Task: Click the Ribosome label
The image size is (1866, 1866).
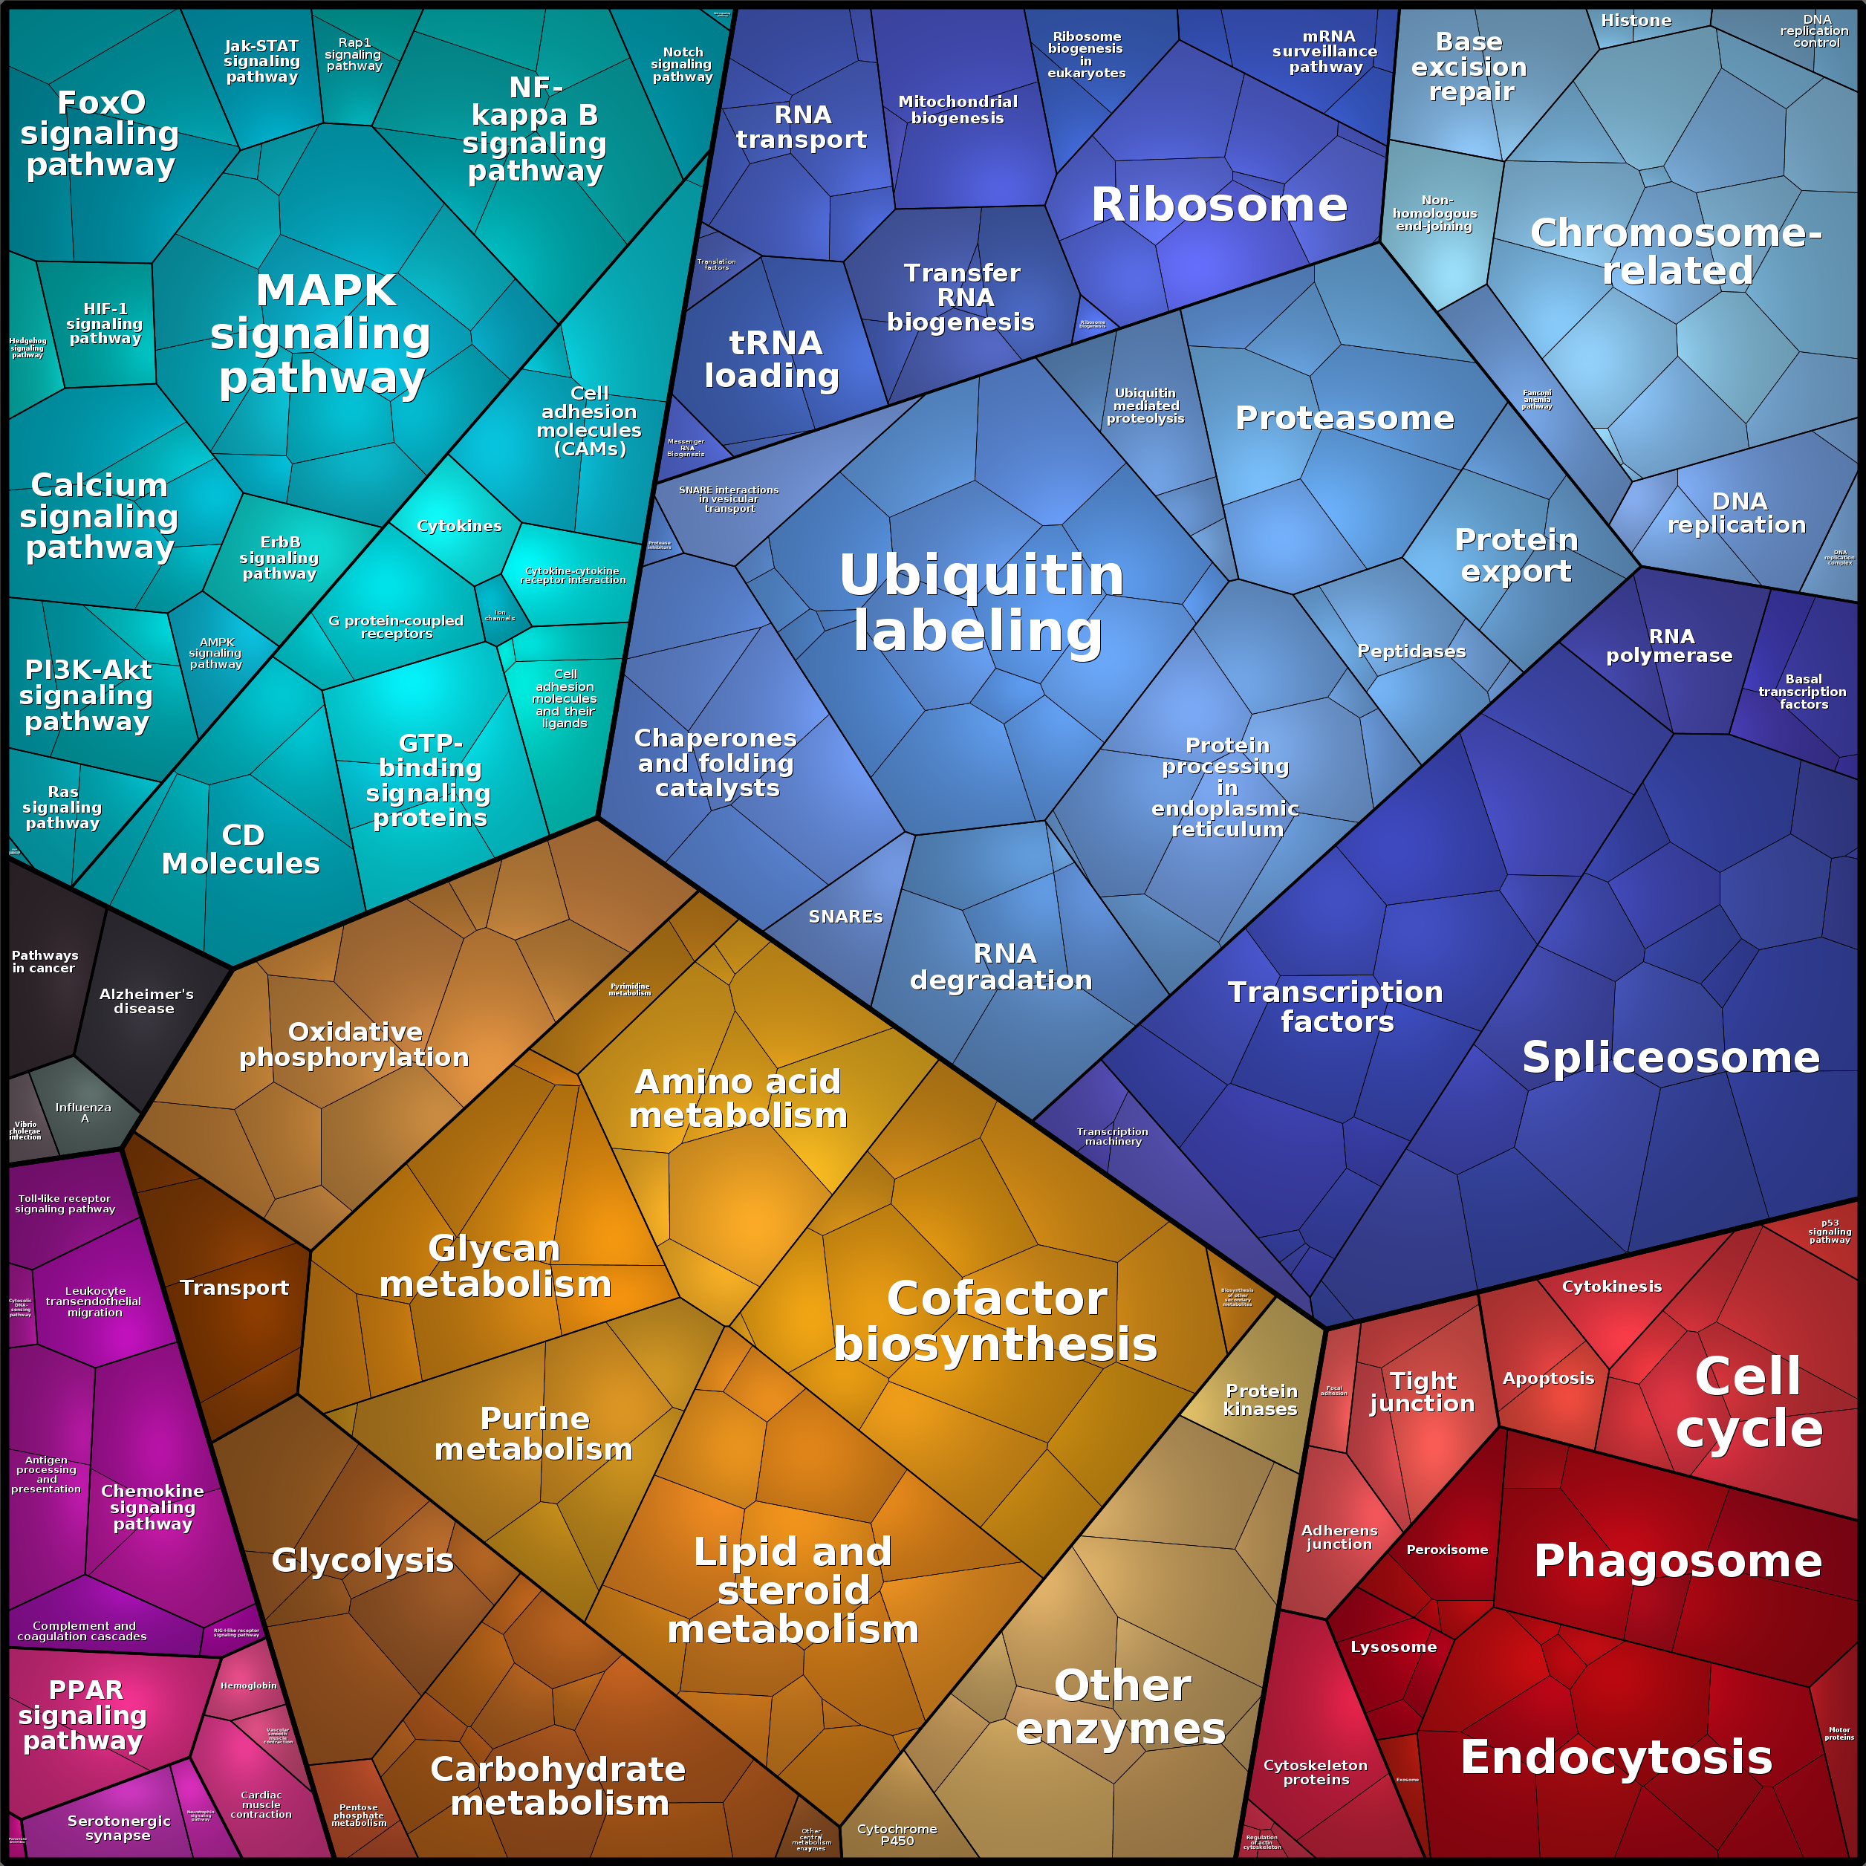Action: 1218,205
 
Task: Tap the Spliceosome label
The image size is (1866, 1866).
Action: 1670,1058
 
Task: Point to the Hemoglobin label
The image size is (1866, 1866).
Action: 248,1685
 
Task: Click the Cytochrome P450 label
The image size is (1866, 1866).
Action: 897,1834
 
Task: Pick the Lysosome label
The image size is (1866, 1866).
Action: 1393,1647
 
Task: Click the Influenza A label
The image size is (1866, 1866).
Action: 83,1113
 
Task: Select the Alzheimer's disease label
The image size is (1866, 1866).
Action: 146,1001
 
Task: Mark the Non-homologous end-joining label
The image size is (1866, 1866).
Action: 1434,213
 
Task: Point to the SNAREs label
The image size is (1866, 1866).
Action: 845,917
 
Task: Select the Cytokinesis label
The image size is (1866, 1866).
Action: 1611,1287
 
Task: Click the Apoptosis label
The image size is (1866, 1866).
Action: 1547,1378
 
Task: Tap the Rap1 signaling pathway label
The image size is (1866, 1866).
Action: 354,54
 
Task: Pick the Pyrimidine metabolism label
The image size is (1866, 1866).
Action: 630,989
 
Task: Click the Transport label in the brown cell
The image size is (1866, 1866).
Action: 234,1287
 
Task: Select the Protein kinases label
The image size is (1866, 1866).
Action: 1261,1399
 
